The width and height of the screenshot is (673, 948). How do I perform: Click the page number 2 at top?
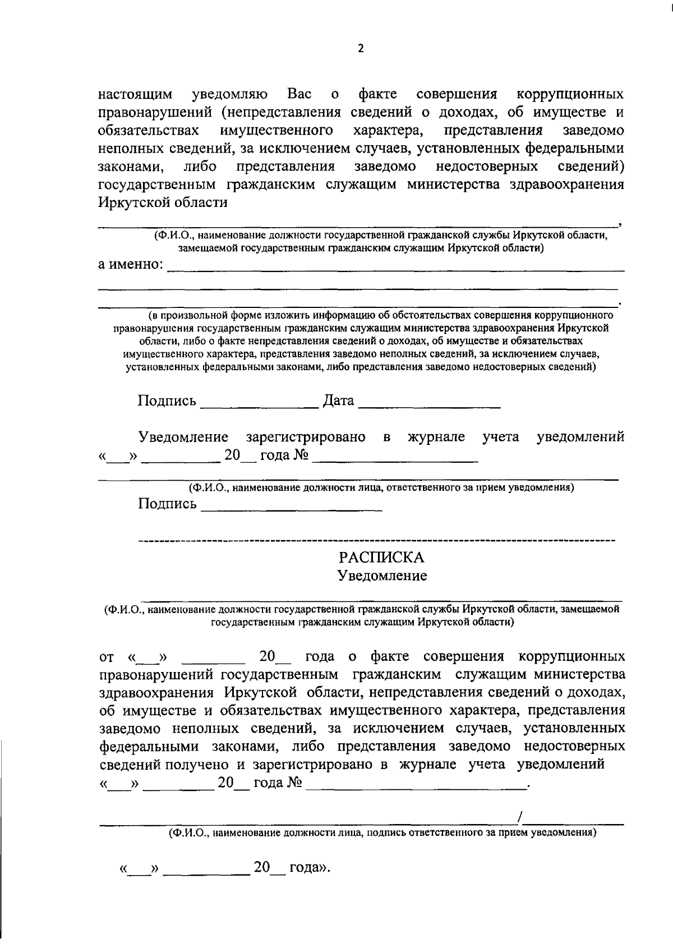(361, 49)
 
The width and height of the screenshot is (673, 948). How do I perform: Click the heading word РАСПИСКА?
(381, 558)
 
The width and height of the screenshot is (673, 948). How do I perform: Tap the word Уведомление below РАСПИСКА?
(381, 576)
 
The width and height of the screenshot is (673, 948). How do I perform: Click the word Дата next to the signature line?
(339, 401)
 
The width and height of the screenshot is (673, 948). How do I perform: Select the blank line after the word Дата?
(429, 405)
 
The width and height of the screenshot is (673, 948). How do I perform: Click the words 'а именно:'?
(131, 264)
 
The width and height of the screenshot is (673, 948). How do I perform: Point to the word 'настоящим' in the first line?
(135, 94)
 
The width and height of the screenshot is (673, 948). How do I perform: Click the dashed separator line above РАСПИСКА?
(376, 540)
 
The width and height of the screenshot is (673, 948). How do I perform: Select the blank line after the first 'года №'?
(395, 460)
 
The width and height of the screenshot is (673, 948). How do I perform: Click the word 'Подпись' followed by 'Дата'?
(167, 401)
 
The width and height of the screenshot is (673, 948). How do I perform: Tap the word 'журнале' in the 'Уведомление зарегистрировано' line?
(436, 437)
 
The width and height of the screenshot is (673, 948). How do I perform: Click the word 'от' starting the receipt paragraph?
(107, 657)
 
